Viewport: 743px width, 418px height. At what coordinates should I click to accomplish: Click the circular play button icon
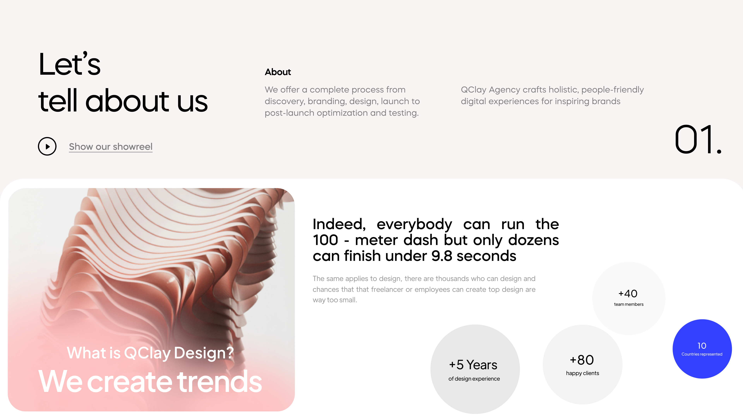point(47,146)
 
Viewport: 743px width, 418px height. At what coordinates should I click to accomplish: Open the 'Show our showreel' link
point(110,146)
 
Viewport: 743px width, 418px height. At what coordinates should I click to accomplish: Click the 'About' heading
point(278,72)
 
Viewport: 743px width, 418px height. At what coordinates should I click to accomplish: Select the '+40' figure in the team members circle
point(628,294)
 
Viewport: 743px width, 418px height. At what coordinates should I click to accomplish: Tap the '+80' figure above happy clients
point(582,360)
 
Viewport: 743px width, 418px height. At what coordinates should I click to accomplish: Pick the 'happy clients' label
point(582,373)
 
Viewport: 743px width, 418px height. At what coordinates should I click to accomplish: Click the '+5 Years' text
point(473,365)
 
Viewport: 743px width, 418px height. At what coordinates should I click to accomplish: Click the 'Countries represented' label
point(702,354)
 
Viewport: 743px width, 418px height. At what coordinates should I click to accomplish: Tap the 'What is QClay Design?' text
point(150,353)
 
